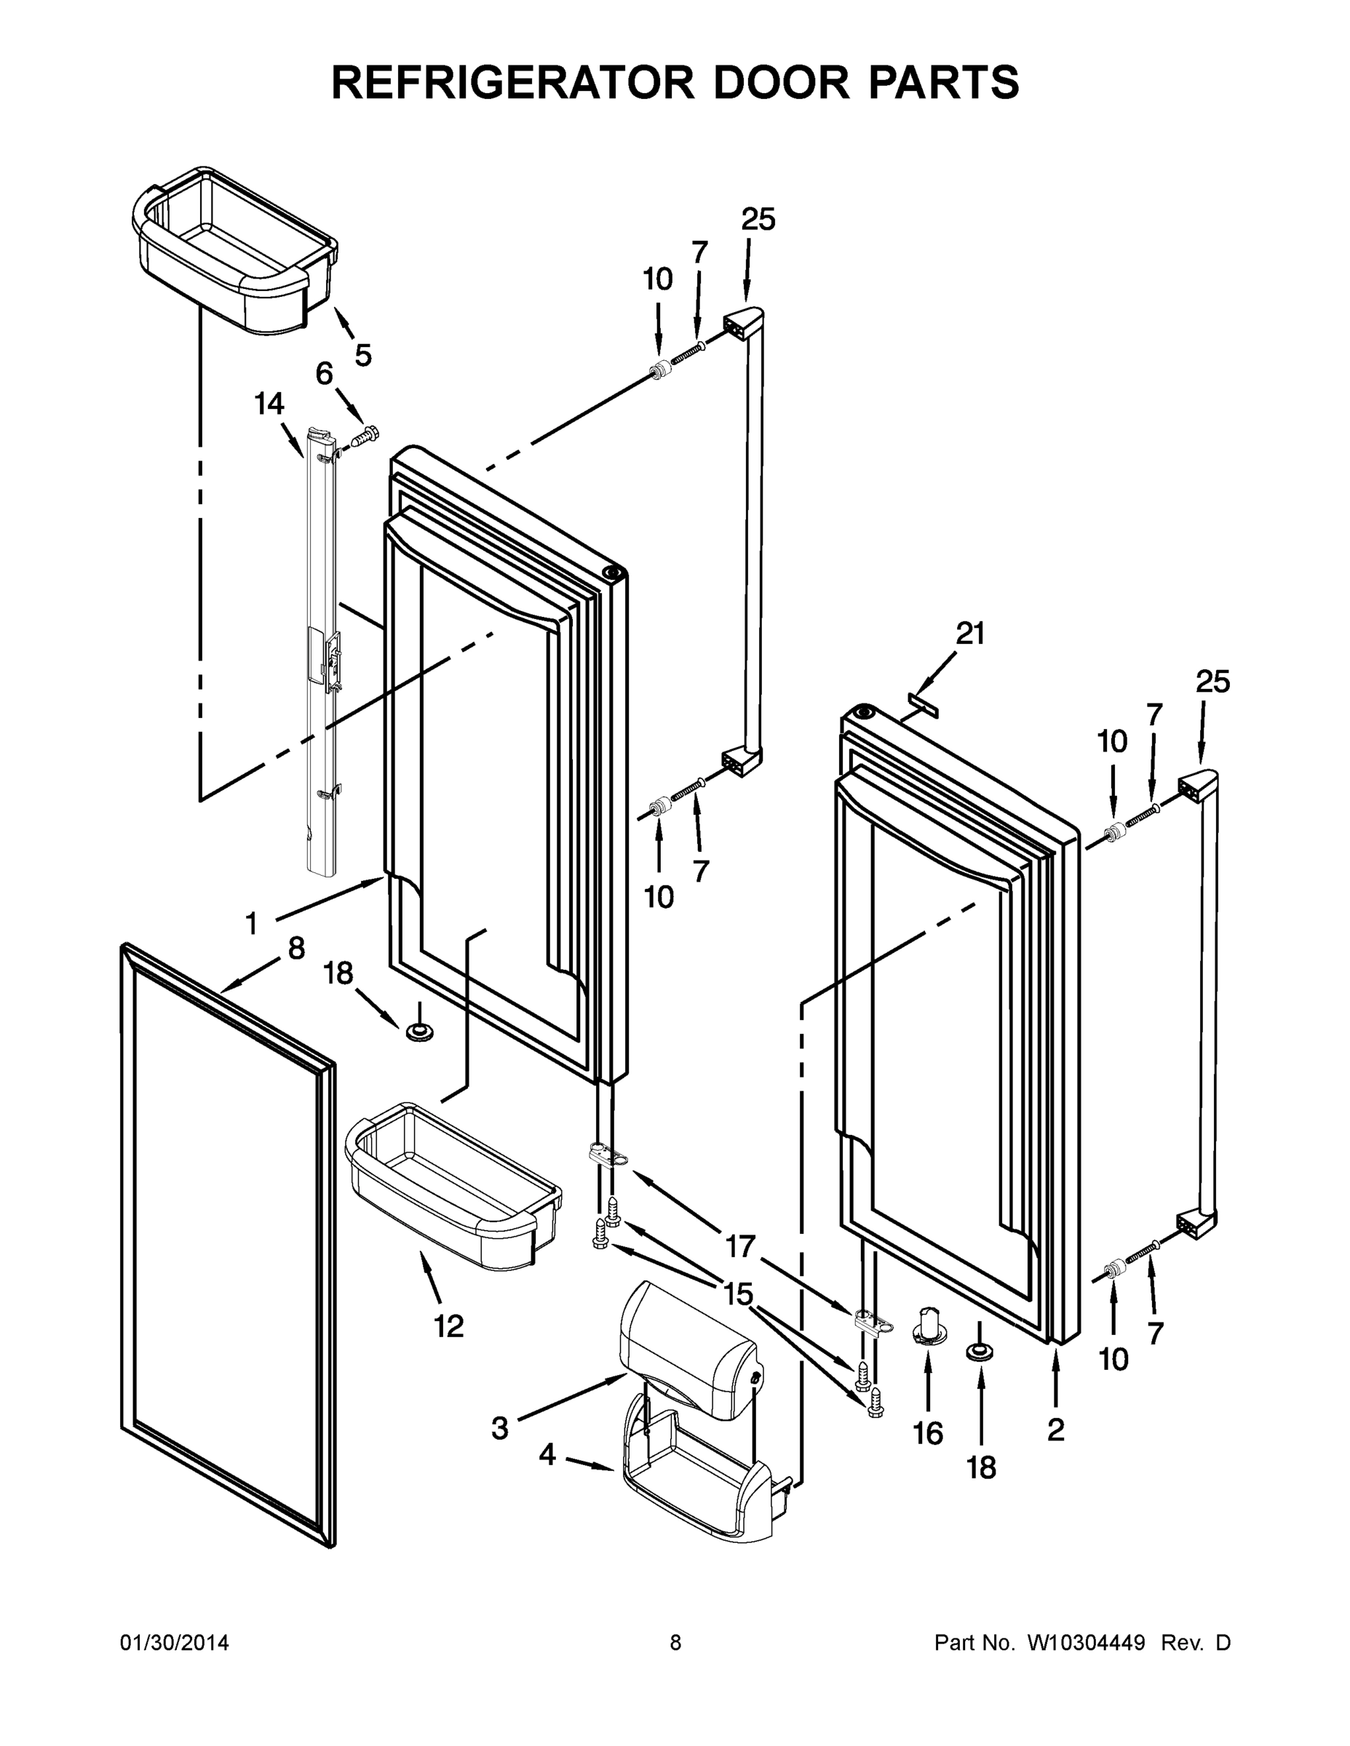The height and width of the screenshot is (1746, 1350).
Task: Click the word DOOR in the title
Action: (781, 82)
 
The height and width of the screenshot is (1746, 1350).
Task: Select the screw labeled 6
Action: (366, 436)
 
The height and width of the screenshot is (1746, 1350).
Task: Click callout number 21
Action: (970, 633)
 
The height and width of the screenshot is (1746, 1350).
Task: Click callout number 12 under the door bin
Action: (449, 1326)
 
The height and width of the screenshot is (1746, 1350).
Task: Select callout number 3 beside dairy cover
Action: (499, 1428)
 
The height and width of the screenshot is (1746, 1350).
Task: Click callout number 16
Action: (928, 1433)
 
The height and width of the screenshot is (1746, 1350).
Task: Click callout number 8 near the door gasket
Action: (296, 949)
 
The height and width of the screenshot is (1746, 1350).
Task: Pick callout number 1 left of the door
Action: (252, 924)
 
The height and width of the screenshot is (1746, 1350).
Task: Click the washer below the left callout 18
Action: (418, 1033)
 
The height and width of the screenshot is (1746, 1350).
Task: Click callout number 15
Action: (738, 1293)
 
